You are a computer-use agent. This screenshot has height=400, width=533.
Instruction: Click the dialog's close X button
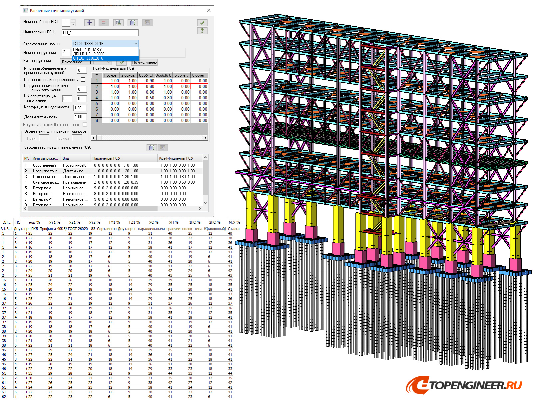tap(209, 10)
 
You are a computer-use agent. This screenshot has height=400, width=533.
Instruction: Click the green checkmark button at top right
tap(202, 23)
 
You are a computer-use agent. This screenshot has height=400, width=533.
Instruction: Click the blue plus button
tap(89, 23)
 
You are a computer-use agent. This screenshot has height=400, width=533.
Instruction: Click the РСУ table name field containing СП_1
tap(100, 33)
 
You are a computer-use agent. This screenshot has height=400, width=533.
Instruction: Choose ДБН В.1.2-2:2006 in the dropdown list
tap(89, 54)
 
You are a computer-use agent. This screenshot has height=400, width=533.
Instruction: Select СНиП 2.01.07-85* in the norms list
tap(88, 50)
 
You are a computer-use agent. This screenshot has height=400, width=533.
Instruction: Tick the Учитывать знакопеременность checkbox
tap(83, 80)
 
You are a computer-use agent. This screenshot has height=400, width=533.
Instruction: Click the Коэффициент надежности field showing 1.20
tap(80, 108)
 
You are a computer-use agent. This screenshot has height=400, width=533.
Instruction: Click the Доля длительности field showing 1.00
tap(80, 117)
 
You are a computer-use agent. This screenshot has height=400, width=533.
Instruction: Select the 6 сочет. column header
tap(199, 75)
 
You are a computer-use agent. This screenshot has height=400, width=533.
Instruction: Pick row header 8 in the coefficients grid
tap(97, 120)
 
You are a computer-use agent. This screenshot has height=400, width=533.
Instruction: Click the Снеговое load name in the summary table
tap(45, 182)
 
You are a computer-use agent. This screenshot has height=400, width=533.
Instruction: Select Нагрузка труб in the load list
tap(45, 171)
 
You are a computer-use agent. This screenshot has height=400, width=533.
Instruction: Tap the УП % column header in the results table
tap(174, 222)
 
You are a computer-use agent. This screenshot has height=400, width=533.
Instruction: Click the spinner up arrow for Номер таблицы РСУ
tap(73, 21)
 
